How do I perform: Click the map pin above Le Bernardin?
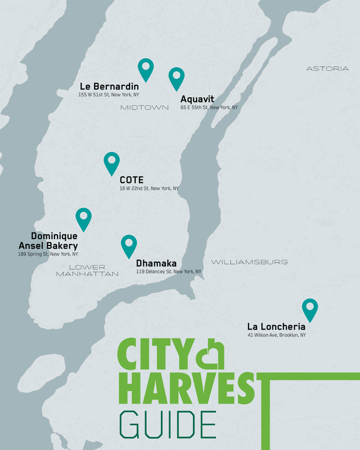pos(145,68)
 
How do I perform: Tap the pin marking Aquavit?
pos(176,77)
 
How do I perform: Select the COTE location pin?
pos(111,162)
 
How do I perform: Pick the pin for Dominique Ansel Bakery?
pos(83,217)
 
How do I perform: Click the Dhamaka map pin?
pos(129,244)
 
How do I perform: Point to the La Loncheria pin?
pos(310,308)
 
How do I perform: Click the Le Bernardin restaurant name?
pos(109,87)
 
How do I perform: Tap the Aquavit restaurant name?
pos(197,99)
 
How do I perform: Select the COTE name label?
pos(132,180)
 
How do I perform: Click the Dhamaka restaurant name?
pos(156,263)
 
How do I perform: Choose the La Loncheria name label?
pos(276,327)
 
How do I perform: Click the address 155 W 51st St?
pos(108,95)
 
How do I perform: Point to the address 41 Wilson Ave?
pos(276,335)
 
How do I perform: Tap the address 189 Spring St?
pos(48,254)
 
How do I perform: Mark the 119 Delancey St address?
pos(168,271)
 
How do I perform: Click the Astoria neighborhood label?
pos(327,69)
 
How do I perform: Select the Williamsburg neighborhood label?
pos(249,262)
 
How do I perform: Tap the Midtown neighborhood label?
pos(144,108)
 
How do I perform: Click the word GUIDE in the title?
pos(168,425)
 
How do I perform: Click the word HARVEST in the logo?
pos(186,389)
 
